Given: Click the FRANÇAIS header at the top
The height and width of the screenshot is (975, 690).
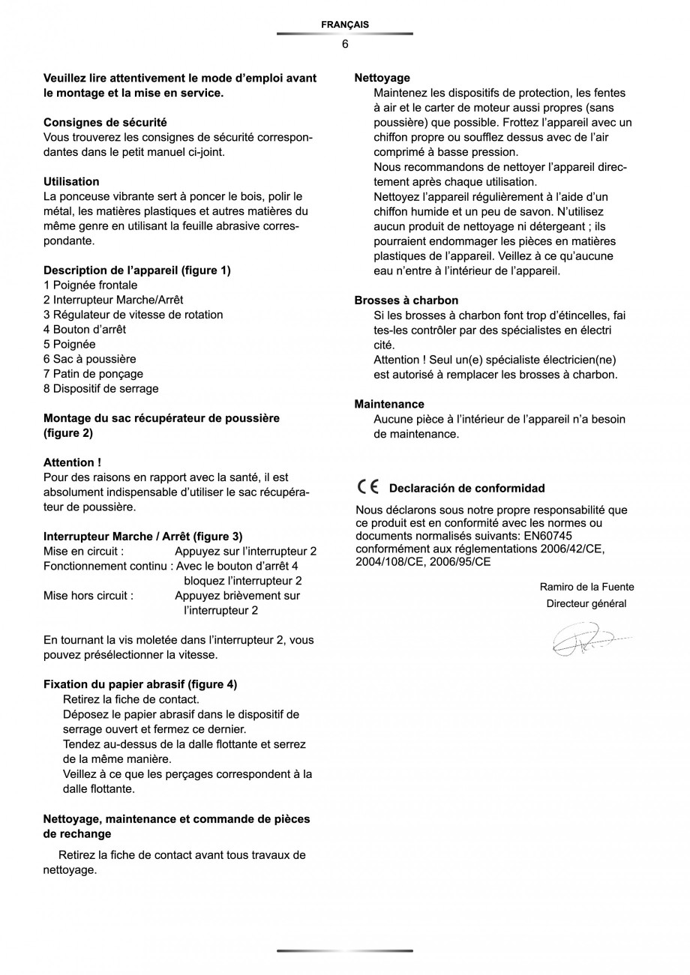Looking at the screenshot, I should point(344,25).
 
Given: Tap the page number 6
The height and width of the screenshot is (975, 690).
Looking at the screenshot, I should point(345,44).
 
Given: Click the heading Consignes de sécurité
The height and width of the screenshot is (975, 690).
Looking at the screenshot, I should point(105,122).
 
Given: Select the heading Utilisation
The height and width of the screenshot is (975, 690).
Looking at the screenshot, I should point(71,181).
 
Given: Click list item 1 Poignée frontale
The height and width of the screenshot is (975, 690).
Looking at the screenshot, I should point(90,286).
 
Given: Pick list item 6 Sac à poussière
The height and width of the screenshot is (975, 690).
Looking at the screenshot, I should point(89,359).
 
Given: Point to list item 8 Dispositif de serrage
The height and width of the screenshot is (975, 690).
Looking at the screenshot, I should point(100,389).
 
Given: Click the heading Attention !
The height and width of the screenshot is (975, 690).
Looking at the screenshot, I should point(72,462).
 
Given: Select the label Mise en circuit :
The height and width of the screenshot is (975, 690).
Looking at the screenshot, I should point(83,552).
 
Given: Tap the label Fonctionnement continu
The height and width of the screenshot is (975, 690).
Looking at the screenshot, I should point(107,566).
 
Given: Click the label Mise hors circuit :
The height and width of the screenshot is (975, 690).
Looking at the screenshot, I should point(88,596).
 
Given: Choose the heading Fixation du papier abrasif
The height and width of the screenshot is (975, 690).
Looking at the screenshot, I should point(140,684).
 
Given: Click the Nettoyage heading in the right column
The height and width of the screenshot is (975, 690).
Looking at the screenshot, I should point(382,78).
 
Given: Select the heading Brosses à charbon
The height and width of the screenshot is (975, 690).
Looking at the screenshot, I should point(406,301).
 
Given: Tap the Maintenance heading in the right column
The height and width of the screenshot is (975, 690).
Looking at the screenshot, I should point(388,404).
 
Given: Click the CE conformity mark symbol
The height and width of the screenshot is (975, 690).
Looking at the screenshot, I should point(368,487).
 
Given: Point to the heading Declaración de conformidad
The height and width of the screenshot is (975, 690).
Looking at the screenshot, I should point(466,489).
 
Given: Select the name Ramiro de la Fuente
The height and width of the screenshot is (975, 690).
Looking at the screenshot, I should point(586,587).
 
